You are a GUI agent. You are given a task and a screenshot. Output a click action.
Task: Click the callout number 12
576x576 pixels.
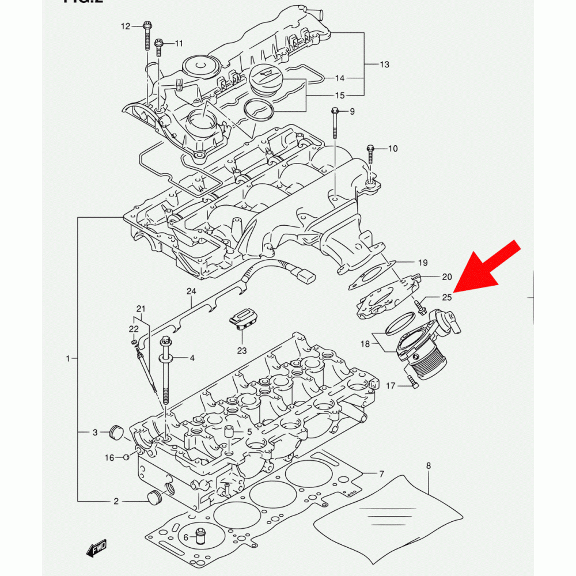(126, 26)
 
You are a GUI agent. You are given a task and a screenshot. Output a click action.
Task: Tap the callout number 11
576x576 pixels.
(179, 43)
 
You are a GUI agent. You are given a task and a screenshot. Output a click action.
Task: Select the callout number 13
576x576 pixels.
(385, 64)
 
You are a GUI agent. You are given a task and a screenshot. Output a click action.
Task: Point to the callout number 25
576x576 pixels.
(447, 297)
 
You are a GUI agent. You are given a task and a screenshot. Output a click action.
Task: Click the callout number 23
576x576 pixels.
(241, 350)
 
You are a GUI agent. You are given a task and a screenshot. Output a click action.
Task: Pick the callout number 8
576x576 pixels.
(428, 465)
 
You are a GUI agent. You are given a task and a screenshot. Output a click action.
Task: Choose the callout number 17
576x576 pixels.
(391, 385)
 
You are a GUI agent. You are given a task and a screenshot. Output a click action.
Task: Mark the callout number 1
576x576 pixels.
(67, 359)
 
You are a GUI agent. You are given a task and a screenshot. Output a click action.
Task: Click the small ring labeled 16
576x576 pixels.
(126, 457)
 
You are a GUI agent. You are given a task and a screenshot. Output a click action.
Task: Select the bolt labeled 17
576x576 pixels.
(411, 381)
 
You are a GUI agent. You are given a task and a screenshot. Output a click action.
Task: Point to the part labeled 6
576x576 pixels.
(201, 536)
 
